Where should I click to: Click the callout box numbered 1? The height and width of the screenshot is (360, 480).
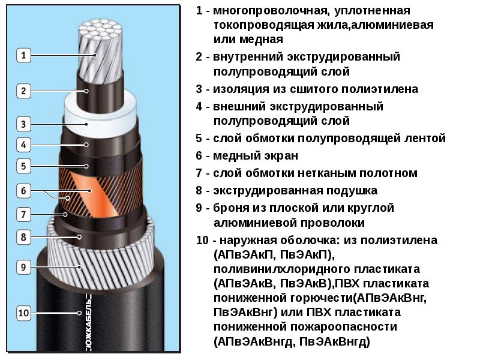[x=23, y=56]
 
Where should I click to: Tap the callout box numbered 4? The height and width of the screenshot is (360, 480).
[x=23, y=145]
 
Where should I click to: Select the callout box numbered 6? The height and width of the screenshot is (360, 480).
[x=23, y=191]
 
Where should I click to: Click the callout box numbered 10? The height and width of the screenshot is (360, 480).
[x=23, y=312]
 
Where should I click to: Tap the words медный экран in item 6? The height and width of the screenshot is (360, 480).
[x=256, y=155]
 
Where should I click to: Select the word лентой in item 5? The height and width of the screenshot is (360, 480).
[x=427, y=138]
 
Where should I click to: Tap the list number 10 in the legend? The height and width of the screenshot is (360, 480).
[x=202, y=241]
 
